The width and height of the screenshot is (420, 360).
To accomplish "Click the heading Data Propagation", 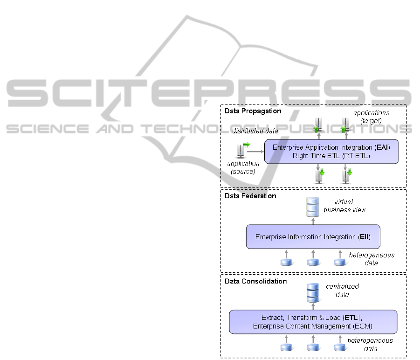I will pos(253,111).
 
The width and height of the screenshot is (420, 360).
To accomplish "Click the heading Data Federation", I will pos(250,196).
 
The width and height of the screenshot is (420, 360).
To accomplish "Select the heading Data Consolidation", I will pos(255,281).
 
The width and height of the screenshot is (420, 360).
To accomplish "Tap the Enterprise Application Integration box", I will pos(331,152).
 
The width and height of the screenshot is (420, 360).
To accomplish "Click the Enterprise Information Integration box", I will pos(313,236).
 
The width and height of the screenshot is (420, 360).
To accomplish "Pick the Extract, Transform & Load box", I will pos(313,322).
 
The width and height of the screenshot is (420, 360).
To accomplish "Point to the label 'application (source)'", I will pos(243,167).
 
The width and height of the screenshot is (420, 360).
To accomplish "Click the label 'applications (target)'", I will pos(371,117).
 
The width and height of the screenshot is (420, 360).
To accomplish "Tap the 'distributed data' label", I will pos(255,131).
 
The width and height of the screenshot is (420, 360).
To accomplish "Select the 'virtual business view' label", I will pos(344,206).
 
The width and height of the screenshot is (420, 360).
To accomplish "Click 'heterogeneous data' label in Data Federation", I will pos(371,259).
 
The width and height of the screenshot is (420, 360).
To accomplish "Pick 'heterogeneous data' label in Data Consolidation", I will pos(370,344).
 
